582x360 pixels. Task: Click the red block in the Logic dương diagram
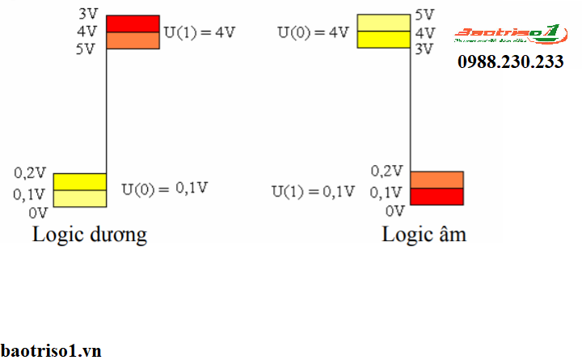point(133,23)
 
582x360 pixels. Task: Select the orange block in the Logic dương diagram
point(133,40)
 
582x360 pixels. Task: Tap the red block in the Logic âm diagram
point(436,197)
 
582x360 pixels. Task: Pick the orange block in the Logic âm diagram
point(436,180)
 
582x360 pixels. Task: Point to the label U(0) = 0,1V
point(165,188)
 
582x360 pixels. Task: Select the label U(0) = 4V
point(313,33)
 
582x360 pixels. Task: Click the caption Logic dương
point(89,235)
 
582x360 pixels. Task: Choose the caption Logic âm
point(424,235)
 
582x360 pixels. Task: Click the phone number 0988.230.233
point(511,62)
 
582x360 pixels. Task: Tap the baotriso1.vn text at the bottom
point(50,350)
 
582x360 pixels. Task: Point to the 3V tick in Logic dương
point(87,15)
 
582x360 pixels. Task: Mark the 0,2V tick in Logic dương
point(30,173)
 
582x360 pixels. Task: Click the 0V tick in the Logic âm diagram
point(394,211)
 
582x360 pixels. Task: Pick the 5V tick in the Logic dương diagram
point(86,49)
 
